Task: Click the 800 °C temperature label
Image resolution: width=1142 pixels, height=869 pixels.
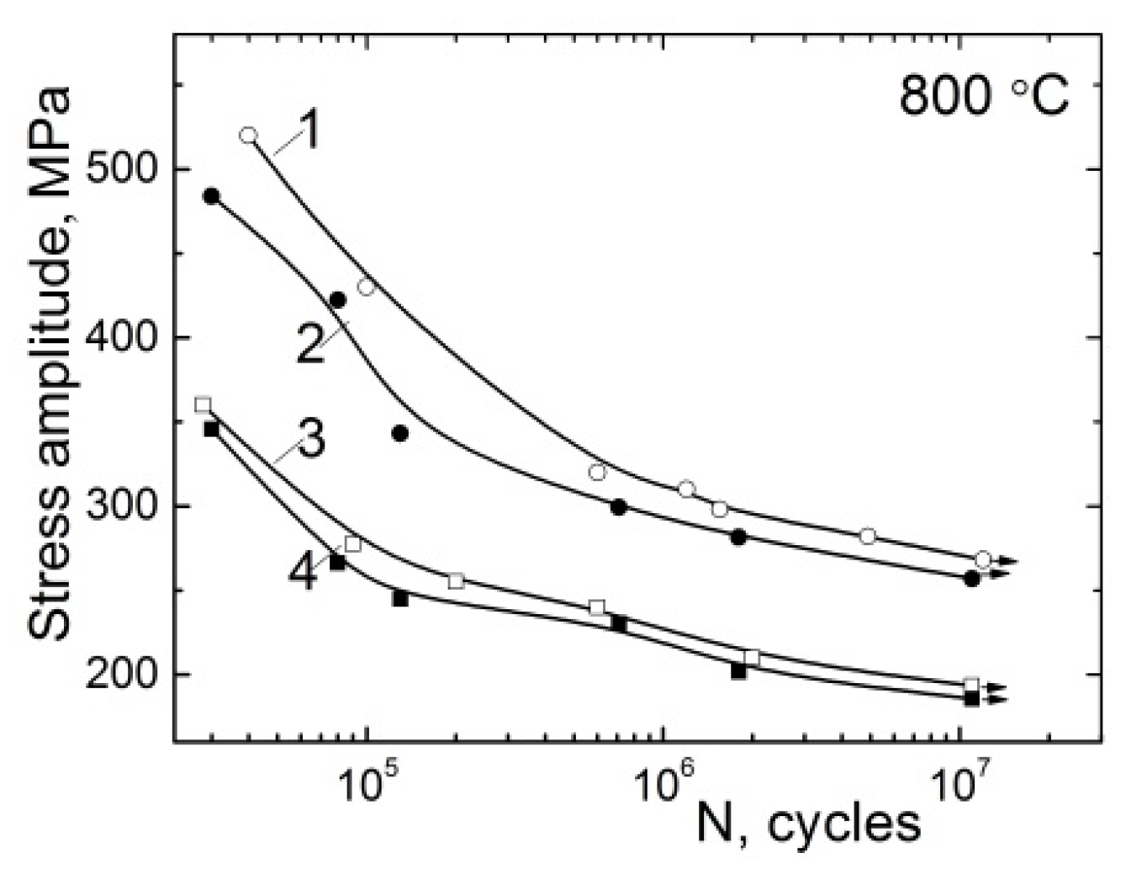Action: coord(984,96)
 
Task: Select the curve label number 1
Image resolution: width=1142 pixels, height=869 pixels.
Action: coord(309,132)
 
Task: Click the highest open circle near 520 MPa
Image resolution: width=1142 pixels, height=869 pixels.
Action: coord(248,135)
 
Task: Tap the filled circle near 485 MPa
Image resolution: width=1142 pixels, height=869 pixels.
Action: coord(211,196)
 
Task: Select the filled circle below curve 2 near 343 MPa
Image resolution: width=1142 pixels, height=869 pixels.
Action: coord(400,433)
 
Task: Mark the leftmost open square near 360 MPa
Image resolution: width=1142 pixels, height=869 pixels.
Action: coord(203,405)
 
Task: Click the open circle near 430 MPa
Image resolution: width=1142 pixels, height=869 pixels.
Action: coord(365,287)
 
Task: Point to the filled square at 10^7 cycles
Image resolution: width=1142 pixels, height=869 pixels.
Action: coord(972,698)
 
